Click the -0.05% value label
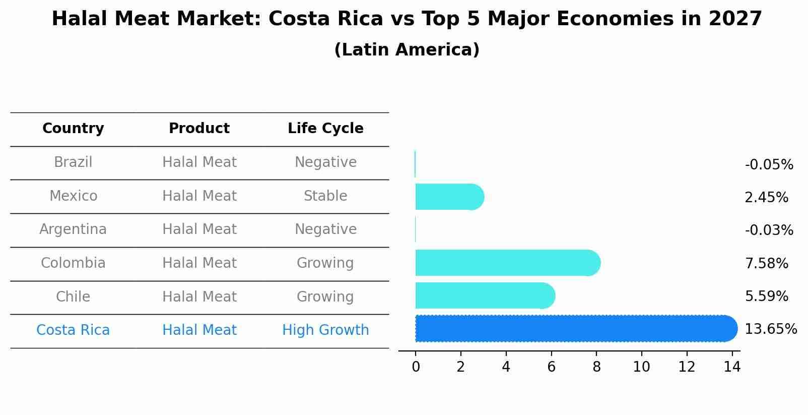tap(769, 165)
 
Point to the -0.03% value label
tap(769, 230)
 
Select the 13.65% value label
tap(771, 329)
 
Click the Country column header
tap(73, 129)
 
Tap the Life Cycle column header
tap(325, 129)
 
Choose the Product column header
tap(199, 129)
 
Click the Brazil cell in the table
tap(73, 162)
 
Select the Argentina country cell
tap(73, 229)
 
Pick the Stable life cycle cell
tap(325, 196)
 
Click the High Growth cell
tap(325, 330)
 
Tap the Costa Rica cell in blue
tap(73, 330)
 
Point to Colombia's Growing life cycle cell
tap(325, 263)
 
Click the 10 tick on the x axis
tap(641, 367)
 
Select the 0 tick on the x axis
tap(416, 367)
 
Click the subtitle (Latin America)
tap(407, 50)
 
